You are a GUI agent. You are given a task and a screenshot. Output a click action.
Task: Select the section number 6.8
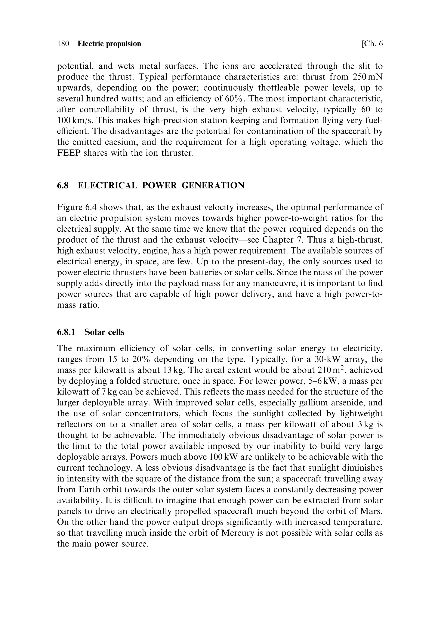pos(63,186)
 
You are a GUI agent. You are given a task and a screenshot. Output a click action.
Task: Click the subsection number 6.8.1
pos(66,332)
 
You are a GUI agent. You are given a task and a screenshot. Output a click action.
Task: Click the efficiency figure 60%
pos(234,99)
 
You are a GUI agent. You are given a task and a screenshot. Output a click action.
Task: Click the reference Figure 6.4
pos(75,207)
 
